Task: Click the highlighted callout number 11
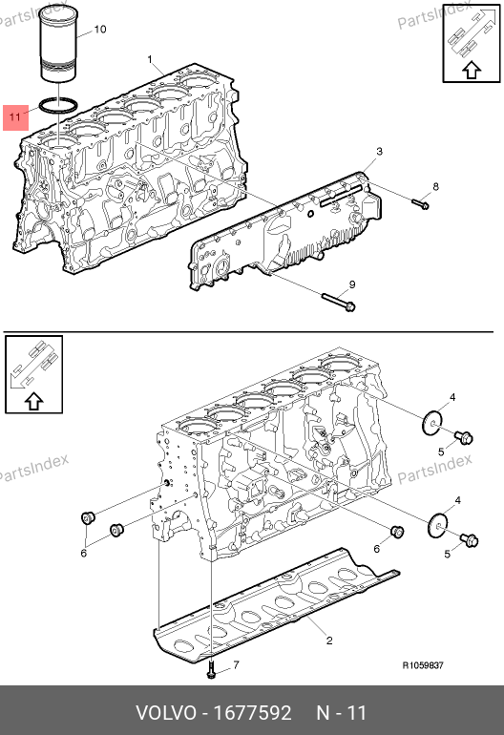coord(15,116)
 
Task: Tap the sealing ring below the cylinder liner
coord(57,105)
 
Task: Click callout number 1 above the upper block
coord(150,59)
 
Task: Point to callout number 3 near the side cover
coord(379,152)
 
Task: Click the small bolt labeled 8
coord(421,203)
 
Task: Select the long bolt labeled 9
coord(339,302)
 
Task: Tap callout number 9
coord(352,284)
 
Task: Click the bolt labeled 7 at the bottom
coord(211,669)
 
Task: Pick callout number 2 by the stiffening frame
coord(329,640)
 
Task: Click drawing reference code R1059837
coord(423,665)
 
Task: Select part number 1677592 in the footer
coord(252,713)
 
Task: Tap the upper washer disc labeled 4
coord(431,423)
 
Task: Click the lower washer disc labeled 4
coord(438,526)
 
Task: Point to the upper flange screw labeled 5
coord(463,437)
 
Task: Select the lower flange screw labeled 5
coord(469,539)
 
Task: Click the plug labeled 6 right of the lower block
coord(397,532)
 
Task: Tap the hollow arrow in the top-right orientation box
coord(472,70)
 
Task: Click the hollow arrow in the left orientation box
coord(33,401)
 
